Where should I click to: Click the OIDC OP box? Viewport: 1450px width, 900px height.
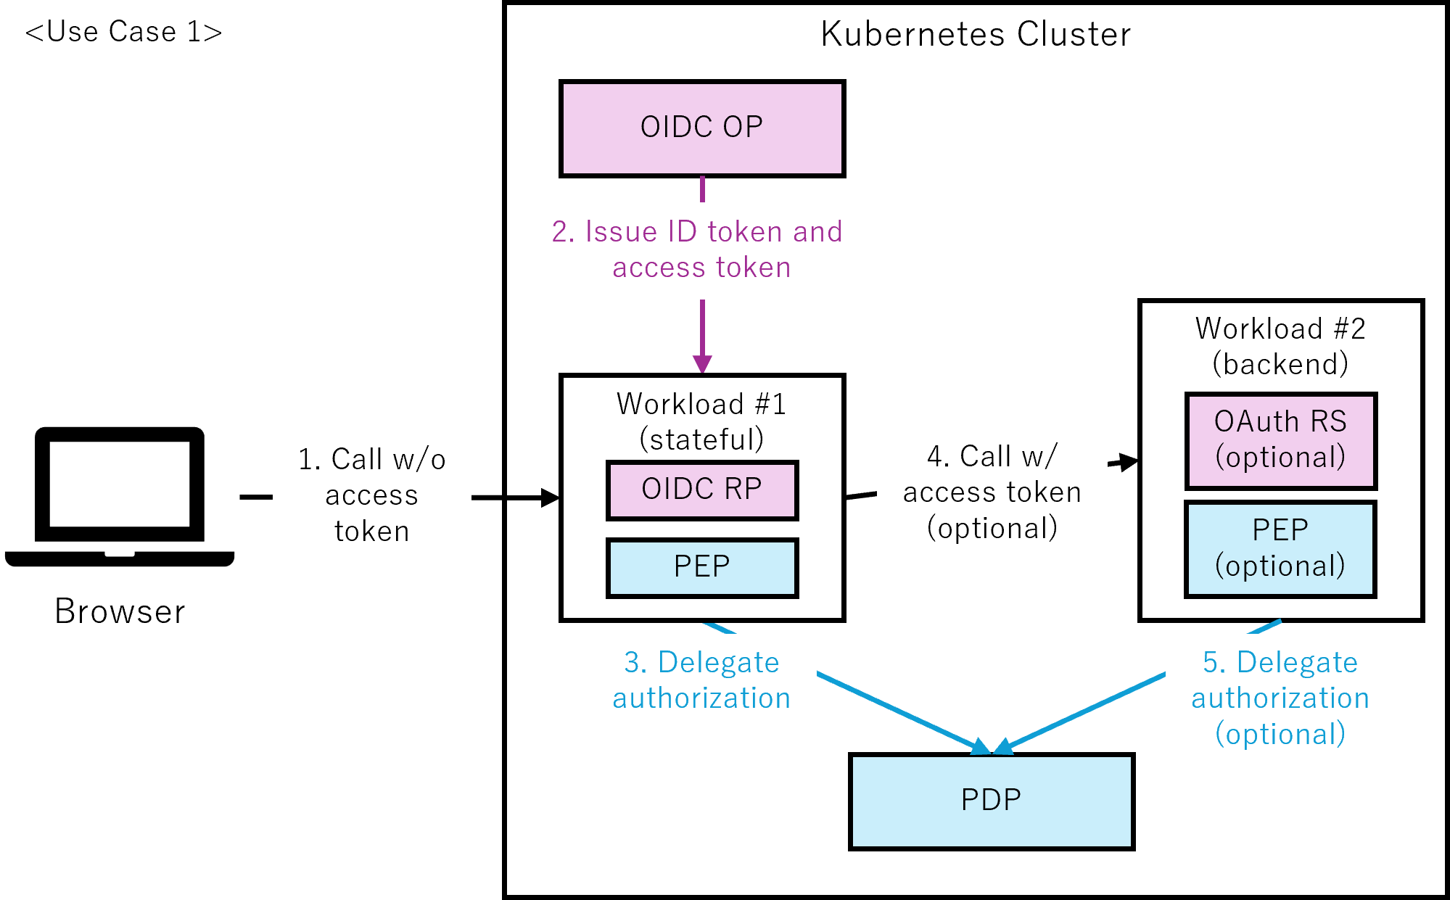[x=701, y=128]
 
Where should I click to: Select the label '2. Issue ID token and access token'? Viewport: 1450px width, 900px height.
[x=701, y=250]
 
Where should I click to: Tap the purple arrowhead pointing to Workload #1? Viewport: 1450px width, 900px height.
[x=701, y=363]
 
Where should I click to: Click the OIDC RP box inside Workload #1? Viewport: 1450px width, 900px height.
[x=701, y=490]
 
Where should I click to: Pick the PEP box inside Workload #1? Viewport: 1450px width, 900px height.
[x=701, y=568]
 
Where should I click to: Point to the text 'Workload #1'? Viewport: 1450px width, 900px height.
[x=701, y=404]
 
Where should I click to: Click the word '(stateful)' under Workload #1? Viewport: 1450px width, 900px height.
[x=701, y=439]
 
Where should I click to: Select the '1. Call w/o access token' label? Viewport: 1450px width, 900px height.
[x=371, y=496]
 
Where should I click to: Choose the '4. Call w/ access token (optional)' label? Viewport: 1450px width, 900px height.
[x=992, y=493]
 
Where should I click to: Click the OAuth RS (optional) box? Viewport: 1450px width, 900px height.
[x=1280, y=440]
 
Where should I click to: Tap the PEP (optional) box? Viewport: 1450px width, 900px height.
[x=1280, y=549]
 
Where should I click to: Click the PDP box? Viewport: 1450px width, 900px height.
[x=991, y=801]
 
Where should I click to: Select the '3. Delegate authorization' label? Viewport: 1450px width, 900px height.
[x=701, y=681]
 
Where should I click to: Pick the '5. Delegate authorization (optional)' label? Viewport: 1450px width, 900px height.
[x=1280, y=699]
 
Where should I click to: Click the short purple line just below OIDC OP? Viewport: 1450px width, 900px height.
[x=701, y=188]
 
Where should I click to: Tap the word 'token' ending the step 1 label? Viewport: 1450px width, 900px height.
[x=371, y=532]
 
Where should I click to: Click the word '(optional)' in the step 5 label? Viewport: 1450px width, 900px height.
[x=1280, y=735]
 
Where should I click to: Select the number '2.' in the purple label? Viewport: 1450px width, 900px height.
[x=563, y=232]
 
